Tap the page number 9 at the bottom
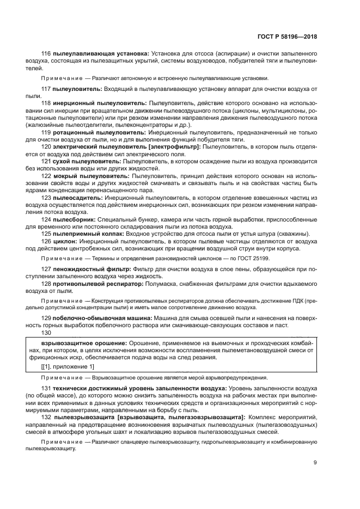[x=315, y=464]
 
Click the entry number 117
[x=46, y=88]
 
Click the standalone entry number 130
[x=46, y=333]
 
